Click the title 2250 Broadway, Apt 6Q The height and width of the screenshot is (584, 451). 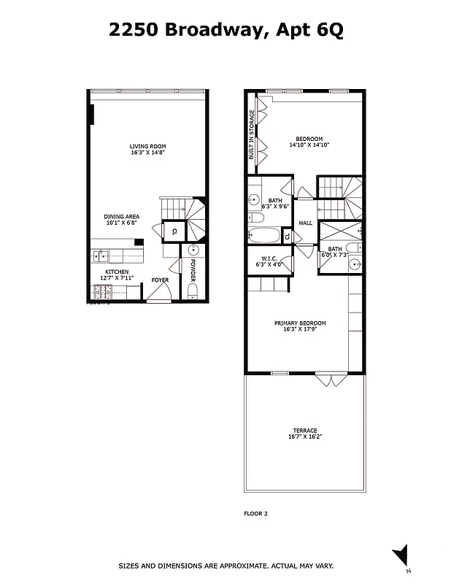[x=225, y=30]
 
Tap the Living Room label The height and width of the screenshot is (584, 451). [x=148, y=150]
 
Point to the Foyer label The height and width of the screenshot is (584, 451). [x=160, y=280]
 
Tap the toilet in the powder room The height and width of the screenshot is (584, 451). [x=193, y=294]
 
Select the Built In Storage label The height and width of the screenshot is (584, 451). [x=252, y=135]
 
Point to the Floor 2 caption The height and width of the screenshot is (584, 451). [x=255, y=513]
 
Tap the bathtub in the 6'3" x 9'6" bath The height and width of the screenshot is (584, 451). [x=263, y=236]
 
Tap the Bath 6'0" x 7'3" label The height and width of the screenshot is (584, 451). [x=335, y=251]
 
